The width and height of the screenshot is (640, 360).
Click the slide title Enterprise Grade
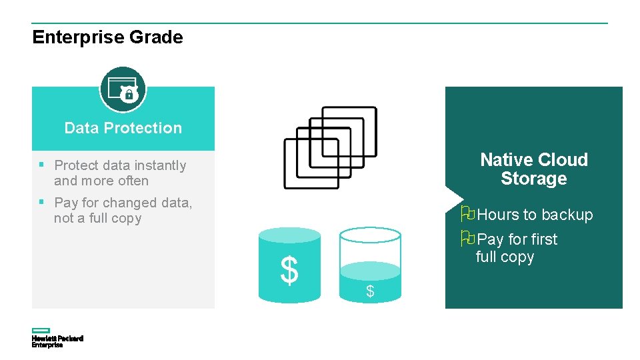pos(107,37)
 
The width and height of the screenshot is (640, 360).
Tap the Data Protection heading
pos(123,128)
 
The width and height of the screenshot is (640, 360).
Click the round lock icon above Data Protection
pos(123,89)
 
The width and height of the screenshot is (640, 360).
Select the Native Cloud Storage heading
pos(534,169)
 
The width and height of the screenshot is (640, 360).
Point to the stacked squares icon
pos(330,147)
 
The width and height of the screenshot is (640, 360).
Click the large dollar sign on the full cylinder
pos(289,271)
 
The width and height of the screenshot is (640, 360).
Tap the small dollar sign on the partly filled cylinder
pos(370,291)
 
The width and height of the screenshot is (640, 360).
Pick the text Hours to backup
pos(535,215)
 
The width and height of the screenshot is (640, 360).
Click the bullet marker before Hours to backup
pos(468,214)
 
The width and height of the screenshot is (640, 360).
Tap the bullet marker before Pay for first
pos(468,238)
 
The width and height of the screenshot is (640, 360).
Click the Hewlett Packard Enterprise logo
pos(57,338)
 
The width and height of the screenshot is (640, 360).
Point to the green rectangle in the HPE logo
pos(41,331)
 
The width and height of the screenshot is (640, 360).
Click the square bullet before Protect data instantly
pos(41,164)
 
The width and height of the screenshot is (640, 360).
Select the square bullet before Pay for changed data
pos(41,201)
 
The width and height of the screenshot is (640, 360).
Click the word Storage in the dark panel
pos(534,179)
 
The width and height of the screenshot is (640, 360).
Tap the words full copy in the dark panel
pos(505,257)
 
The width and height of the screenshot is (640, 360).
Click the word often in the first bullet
pos(134,181)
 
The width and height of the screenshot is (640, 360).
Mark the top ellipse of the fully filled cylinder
pos(289,235)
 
